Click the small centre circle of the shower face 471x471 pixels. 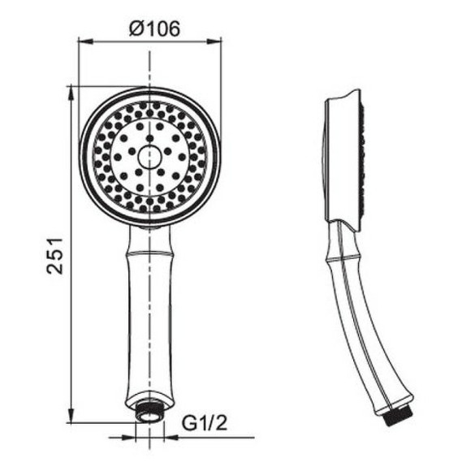[150, 157]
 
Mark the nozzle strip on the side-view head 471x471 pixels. [360, 158]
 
